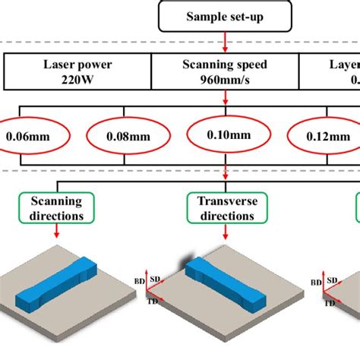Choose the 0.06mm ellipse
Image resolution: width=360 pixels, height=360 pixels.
(x=22, y=138)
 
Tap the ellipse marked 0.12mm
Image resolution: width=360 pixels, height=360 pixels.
(x=323, y=138)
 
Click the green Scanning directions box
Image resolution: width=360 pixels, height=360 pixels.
(x=56, y=208)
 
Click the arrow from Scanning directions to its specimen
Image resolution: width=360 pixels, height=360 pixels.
(x=56, y=235)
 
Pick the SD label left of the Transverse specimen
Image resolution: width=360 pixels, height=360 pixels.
(x=156, y=279)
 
